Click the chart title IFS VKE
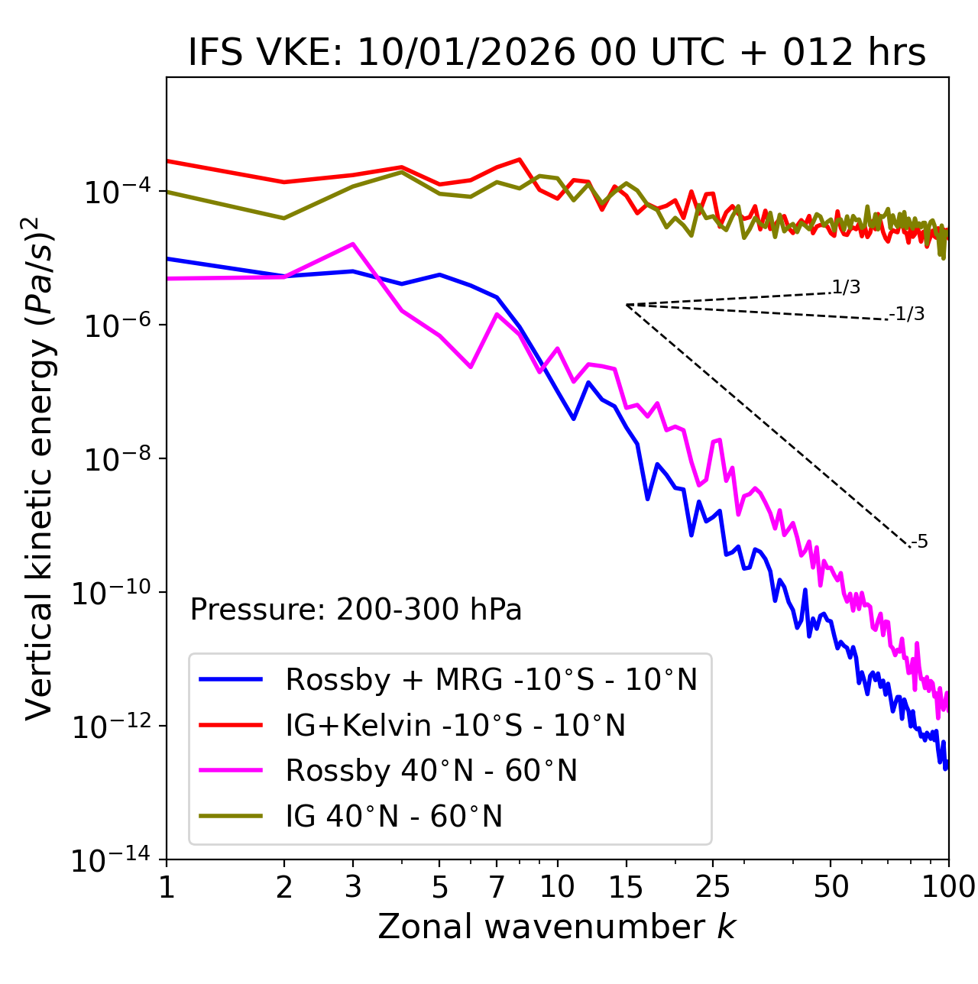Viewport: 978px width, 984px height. pyautogui.click(x=557, y=53)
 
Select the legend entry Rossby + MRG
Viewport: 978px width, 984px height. pyautogui.click(x=491, y=679)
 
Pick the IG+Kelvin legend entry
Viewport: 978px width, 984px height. pyautogui.click(x=455, y=725)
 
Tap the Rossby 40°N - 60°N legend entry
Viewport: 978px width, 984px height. pyautogui.click(x=431, y=771)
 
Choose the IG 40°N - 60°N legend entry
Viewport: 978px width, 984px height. pyautogui.click(x=393, y=817)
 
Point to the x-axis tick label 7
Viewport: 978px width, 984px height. pyautogui.click(x=497, y=887)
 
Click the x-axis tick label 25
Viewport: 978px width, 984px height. pyautogui.click(x=713, y=887)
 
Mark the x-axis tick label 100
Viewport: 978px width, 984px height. pyautogui.click(x=948, y=887)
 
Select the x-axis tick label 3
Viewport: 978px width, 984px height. pyautogui.click(x=353, y=887)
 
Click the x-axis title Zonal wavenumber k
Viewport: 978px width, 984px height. pyautogui.click(x=557, y=927)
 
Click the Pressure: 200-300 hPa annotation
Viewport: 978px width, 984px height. pyautogui.click(x=356, y=610)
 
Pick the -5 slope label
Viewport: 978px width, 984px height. pyautogui.click(x=920, y=542)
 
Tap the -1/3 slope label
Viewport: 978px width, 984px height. pyautogui.click(x=907, y=313)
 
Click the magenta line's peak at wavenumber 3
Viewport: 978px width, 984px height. pyautogui.click(x=353, y=244)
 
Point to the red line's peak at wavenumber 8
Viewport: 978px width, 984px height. pyautogui.click(x=520, y=160)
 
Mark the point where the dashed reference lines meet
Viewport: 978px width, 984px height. pyautogui.click(x=627, y=305)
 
